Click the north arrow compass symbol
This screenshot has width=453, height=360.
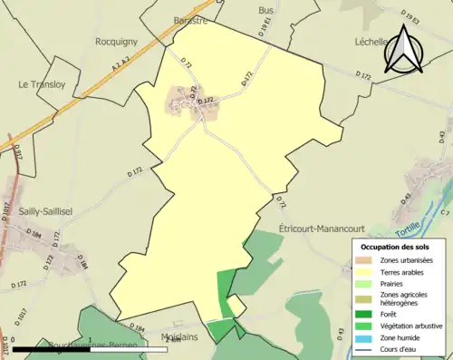point(405,49)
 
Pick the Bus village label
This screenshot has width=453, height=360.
point(265,10)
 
